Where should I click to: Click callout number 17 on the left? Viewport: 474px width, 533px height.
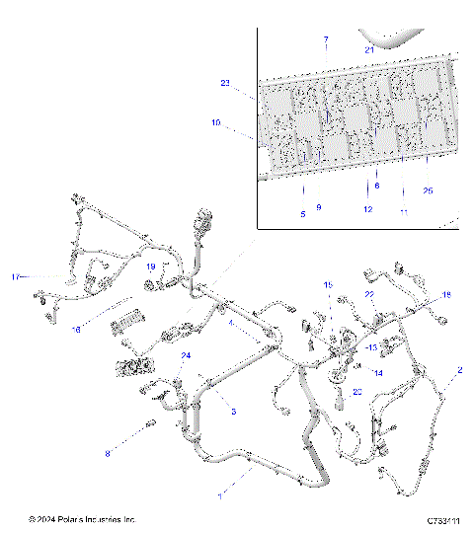[15, 275]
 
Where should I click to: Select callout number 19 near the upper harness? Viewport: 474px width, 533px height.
[151, 266]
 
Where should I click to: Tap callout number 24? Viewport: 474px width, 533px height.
[185, 355]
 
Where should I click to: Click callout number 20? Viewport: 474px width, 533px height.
[357, 392]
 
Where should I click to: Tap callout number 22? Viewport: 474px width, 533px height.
[369, 294]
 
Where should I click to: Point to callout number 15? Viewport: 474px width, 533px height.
[329, 285]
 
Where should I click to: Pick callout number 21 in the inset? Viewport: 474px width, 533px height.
[369, 48]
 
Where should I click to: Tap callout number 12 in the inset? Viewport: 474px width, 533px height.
[366, 209]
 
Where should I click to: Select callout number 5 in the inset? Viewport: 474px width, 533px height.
[303, 212]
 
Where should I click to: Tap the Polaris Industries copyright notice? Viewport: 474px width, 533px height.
[82, 519]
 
